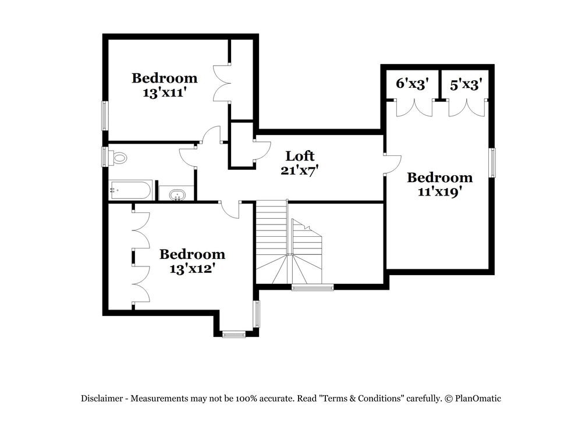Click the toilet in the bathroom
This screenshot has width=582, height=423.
[120, 157]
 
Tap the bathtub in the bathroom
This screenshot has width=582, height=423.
[131, 190]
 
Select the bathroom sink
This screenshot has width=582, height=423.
[175, 194]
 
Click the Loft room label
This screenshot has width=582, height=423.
[300, 156]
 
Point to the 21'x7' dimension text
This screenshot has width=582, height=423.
[300, 170]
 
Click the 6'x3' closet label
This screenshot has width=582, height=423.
[413, 84]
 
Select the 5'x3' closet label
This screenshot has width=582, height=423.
[466, 85]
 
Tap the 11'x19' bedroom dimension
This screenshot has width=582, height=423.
[439, 192]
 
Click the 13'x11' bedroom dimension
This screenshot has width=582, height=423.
[164, 93]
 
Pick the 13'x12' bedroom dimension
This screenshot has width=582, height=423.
[192, 269]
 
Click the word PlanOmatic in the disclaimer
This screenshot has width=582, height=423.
[478, 399]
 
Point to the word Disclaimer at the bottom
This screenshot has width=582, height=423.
[102, 399]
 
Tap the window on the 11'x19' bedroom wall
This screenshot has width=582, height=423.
[492, 163]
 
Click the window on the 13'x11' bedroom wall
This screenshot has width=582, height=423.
[105, 116]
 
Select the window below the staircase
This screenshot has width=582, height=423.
[313, 287]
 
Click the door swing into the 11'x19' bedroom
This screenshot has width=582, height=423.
[393, 163]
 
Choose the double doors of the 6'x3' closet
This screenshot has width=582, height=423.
[414, 108]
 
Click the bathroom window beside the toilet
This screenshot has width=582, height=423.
[105, 157]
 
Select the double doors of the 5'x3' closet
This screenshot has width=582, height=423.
[466, 108]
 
